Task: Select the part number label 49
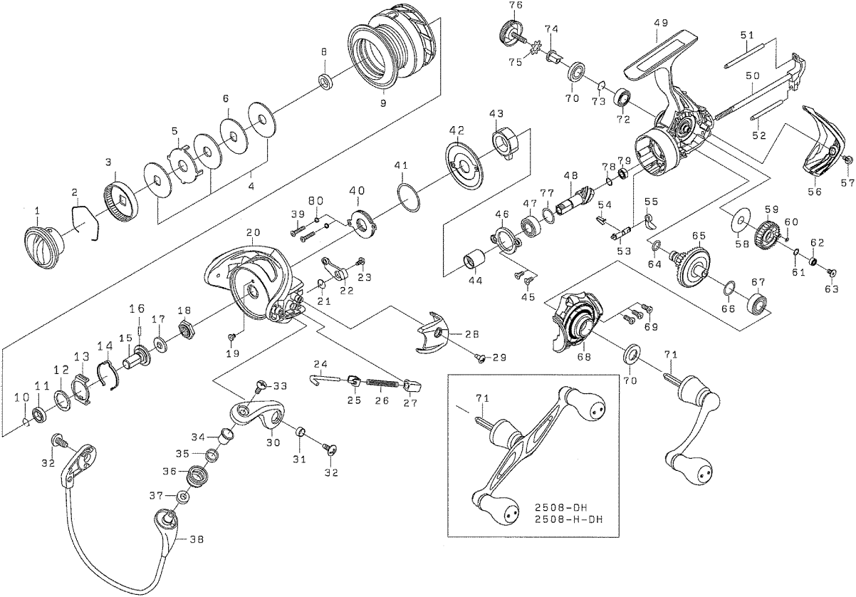(660, 23)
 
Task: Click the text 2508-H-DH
(568, 519)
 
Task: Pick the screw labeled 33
(262, 385)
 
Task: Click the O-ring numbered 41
(408, 197)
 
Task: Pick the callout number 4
(251, 187)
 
